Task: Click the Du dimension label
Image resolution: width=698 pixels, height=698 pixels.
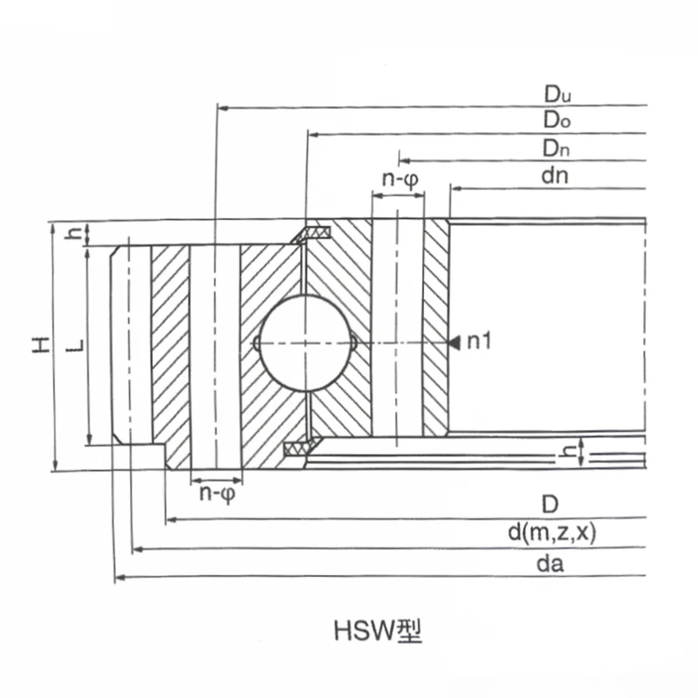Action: coord(557,93)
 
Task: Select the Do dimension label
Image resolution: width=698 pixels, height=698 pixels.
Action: coord(557,120)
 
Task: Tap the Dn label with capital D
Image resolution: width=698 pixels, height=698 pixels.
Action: coord(557,147)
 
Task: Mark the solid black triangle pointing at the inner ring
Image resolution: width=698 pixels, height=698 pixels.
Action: coord(455,343)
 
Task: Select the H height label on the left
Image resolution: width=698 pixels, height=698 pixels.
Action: coord(40,345)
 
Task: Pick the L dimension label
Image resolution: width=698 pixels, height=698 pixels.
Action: coord(76,345)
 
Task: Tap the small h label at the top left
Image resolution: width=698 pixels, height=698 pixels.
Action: coord(76,234)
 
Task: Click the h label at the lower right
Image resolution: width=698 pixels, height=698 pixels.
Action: coord(567,451)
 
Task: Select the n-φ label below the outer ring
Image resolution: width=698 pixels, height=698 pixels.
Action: coord(216,494)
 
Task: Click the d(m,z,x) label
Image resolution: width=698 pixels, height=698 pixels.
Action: coord(551,534)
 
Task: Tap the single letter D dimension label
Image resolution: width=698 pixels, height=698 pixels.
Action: coord(549,505)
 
